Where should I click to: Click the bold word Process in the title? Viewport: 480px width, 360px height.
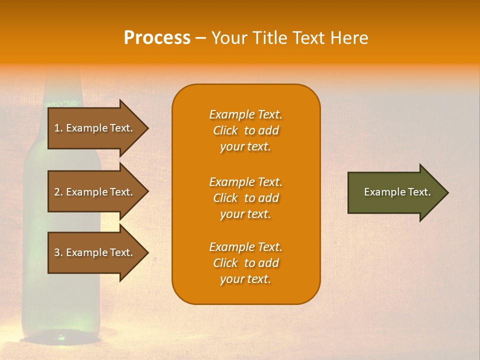pyautogui.click(x=157, y=38)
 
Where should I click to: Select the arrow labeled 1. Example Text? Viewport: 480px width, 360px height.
pyautogui.click(x=95, y=128)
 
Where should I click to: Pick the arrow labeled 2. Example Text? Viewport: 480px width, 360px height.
pyautogui.click(x=95, y=192)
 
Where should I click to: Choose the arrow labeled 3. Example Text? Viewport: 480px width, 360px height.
pyautogui.click(x=95, y=252)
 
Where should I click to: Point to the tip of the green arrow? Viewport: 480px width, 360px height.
pyautogui.click(x=447, y=192)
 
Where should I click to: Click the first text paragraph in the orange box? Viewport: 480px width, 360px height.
pyautogui.click(x=245, y=130)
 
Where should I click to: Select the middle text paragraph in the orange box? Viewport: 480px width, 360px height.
pyautogui.click(x=245, y=198)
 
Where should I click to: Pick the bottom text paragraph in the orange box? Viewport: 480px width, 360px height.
pyautogui.click(x=245, y=263)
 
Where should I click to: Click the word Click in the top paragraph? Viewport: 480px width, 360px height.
pyautogui.click(x=225, y=130)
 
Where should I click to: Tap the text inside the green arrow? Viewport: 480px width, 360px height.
pyautogui.click(x=397, y=192)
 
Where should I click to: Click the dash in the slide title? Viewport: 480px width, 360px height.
pyautogui.click(x=200, y=38)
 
